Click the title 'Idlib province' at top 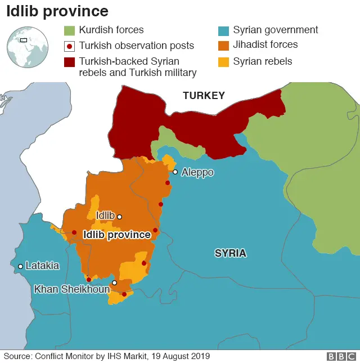[57, 11]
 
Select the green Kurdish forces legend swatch [69, 30]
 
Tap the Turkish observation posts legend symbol [69, 46]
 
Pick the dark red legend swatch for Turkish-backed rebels [69, 61]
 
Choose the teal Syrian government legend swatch [223, 30]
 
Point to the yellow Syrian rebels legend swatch [223, 61]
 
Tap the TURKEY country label [204, 96]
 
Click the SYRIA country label [230, 253]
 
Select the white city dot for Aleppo [175, 172]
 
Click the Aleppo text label [197, 172]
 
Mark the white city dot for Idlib [119, 216]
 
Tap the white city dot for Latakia [20, 266]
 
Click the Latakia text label [42, 266]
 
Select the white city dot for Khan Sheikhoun [114, 283]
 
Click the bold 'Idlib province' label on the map [116, 235]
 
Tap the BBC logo [341, 356]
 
